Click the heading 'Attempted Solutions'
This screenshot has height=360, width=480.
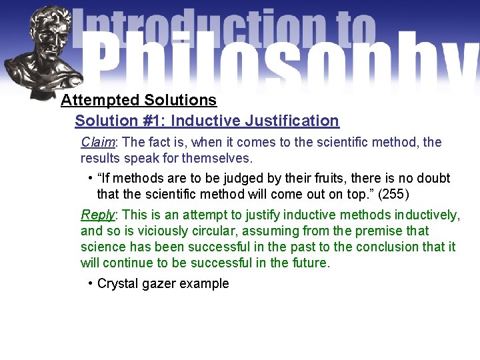tap(139, 100)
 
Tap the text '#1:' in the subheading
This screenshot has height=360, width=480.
tap(150, 121)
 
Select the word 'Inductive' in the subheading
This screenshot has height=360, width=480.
tap(205, 121)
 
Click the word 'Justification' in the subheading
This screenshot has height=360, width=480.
tap(292, 121)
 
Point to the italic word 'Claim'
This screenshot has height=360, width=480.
tap(98, 142)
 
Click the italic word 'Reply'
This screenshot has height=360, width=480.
tap(98, 215)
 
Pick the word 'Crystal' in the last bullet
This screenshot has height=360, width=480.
tap(117, 283)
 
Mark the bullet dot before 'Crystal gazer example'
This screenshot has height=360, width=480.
tap(90, 283)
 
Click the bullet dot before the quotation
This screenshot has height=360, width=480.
tap(90, 178)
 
